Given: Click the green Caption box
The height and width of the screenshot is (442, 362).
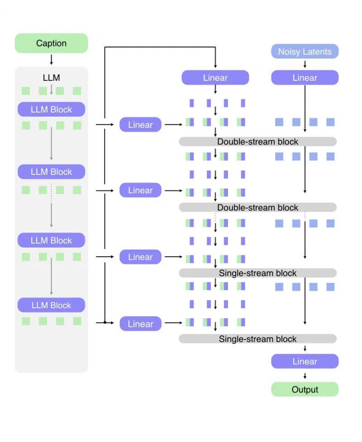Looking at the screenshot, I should pyautogui.click(x=51, y=43).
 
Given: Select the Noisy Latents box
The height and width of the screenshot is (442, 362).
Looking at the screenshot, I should pyautogui.click(x=305, y=52).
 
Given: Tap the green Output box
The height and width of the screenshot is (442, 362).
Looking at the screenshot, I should pyautogui.click(x=305, y=390).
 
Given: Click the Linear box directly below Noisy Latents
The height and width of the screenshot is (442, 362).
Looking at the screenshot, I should pyautogui.click(x=305, y=78).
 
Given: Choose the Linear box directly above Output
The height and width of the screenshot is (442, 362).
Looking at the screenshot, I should pyautogui.click(x=305, y=362).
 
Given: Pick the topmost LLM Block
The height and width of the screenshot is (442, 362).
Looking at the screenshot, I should pyautogui.click(x=51, y=109).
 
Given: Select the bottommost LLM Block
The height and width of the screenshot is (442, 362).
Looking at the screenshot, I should pyautogui.click(x=51, y=305).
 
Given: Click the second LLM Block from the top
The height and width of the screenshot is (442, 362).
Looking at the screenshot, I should pyautogui.click(x=51, y=172).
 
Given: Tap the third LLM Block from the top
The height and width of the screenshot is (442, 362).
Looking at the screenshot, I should pyautogui.click(x=51, y=240).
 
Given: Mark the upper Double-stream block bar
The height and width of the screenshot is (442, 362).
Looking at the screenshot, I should pyautogui.click(x=257, y=142).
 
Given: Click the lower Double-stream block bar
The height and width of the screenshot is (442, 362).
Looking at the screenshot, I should pyautogui.click(x=257, y=207).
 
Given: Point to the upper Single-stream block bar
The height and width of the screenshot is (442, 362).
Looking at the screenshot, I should pyautogui.click(x=257, y=273).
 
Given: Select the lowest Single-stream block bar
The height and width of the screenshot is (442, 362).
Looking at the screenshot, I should pyautogui.click(x=257, y=339).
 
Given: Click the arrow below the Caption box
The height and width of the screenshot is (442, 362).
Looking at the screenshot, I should pyautogui.click(x=51, y=59).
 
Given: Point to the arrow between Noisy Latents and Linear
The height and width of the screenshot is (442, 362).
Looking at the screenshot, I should pyautogui.click(x=305, y=65).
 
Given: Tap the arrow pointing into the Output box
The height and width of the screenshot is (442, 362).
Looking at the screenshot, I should pyautogui.click(x=305, y=376).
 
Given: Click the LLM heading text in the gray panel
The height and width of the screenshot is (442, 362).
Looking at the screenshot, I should pyautogui.click(x=51, y=78).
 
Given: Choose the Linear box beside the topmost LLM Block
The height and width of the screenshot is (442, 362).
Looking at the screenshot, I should pyautogui.click(x=140, y=125).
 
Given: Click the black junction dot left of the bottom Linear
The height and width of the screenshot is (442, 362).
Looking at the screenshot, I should pyautogui.click(x=105, y=323).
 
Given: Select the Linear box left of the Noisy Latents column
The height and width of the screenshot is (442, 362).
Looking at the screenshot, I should pyautogui.click(x=215, y=78).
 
